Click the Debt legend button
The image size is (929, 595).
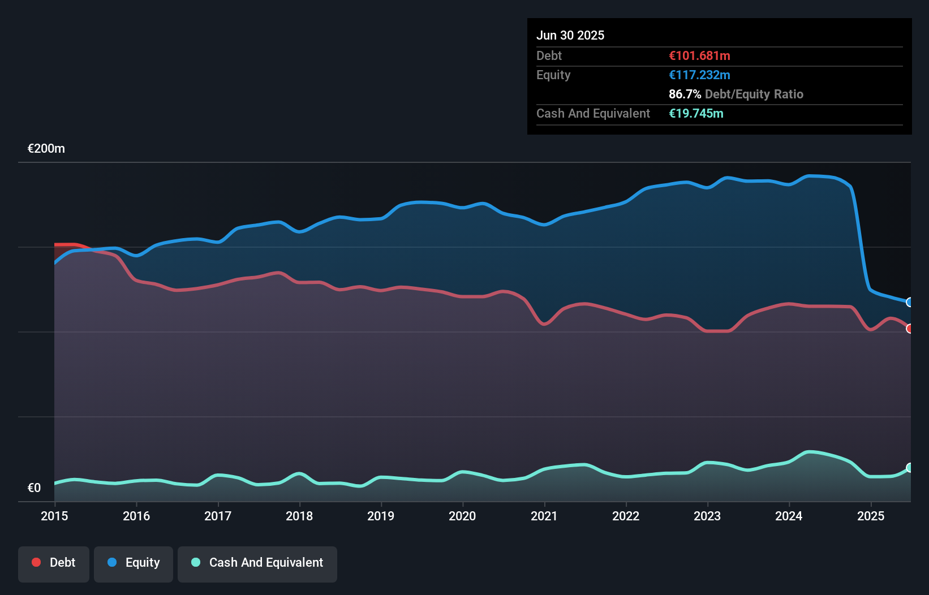pos(54,563)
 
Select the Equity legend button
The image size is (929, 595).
pos(134,563)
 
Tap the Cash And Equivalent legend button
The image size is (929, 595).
pos(257,563)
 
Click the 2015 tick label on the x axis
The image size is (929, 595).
pos(54,516)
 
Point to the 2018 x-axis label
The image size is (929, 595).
pos(299,516)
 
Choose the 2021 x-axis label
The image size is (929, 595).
pos(544,516)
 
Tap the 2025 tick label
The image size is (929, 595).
pos(871,516)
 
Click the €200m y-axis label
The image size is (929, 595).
pos(46,149)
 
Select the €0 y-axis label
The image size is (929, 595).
pos(34,488)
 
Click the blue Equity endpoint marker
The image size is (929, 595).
pos(910,302)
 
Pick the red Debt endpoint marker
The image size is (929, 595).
pos(910,329)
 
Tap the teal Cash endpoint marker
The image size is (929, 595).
pos(910,468)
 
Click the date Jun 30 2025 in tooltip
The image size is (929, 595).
pos(570,36)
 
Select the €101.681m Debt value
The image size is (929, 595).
pos(699,56)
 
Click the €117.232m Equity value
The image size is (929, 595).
pos(699,75)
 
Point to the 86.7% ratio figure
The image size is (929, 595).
pos(685,94)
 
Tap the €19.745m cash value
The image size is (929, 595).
pos(696,114)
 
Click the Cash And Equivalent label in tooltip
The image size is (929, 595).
pos(593,114)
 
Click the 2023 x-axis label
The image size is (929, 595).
pos(707,516)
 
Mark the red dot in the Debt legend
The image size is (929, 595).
pos(36,562)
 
